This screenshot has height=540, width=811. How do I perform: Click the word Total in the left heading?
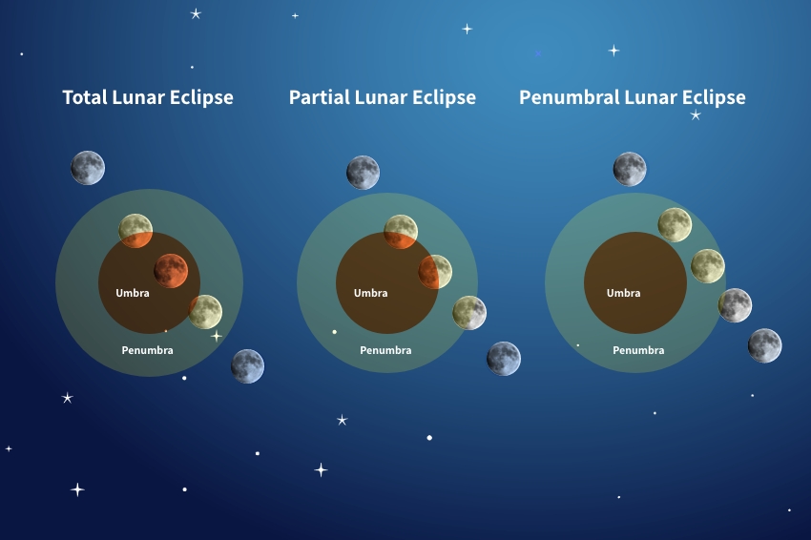coord(85,97)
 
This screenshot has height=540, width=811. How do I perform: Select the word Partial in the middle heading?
coord(319,97)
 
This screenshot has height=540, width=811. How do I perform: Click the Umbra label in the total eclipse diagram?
coord(133,293)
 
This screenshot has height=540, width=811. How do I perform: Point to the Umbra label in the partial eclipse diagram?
coord(370,293)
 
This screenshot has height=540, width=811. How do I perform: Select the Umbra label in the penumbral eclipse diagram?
coord(623,293)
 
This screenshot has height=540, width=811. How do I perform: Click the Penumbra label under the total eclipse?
coord(147,350)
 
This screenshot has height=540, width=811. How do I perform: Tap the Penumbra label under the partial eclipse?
coord(385,350)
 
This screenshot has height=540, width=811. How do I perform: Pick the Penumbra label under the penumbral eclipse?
coord(638,350)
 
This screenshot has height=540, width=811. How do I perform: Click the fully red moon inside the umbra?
coord(171,271)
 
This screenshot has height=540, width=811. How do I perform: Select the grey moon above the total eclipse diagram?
coord(88,168)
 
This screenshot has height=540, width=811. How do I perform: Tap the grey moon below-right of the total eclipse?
coord(247,366)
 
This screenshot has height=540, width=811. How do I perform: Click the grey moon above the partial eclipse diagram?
coord(364,173)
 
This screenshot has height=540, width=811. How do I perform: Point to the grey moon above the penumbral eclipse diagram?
coord(630,169)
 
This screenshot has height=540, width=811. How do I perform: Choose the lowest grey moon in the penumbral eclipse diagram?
coord(764,345)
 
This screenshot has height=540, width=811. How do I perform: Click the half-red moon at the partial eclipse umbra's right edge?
coord(435,272)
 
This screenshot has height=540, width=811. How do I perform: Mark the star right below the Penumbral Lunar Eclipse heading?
coord(696,114)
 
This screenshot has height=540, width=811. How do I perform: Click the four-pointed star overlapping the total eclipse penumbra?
coord(217,336)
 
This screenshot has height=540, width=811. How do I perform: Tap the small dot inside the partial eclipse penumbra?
coord(335,332)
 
